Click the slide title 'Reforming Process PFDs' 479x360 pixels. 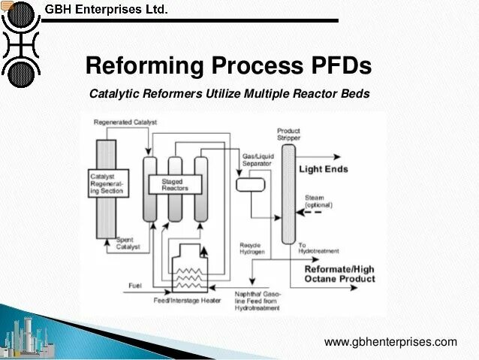(x=228, y=66)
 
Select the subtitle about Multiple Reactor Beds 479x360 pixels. (x=229, y=95)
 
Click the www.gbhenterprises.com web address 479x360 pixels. (x=390, y=342)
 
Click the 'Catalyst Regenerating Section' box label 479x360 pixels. (x=105, y=183)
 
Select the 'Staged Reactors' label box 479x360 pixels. (x=175, y=183)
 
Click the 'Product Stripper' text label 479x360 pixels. (x=288, y=135)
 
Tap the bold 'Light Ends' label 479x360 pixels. (x=324, y=169)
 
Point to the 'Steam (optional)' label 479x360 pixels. (x=318, y=201)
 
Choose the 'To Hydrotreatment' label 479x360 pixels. (x=318, y=248)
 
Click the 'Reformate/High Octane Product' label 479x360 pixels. (x=339, y=274)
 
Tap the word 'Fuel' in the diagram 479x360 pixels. (x=134, y=285)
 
